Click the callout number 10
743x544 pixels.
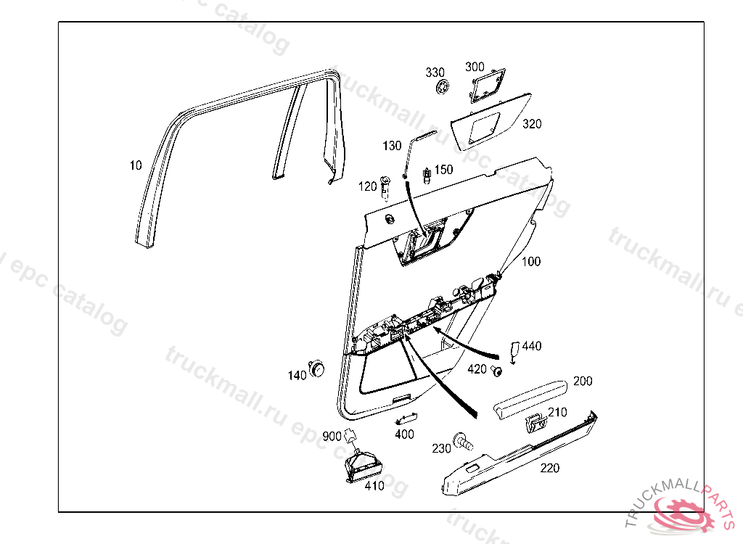pos(136,165)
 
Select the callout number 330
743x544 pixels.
pos(435,73)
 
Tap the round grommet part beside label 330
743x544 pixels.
pos(442,88)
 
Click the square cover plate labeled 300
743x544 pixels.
pos(488,83)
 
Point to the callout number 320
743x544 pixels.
pos(532,124)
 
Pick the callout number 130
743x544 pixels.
pos(392,146)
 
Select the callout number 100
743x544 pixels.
pos(532,261)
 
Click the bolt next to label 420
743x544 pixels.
pos(498,371)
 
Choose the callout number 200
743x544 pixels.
pos(583,381)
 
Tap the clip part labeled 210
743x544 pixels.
pos(535,421)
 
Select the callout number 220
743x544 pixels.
pos(550,468)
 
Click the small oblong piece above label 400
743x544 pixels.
pos(405,419)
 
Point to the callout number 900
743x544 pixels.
pos(332,436)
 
